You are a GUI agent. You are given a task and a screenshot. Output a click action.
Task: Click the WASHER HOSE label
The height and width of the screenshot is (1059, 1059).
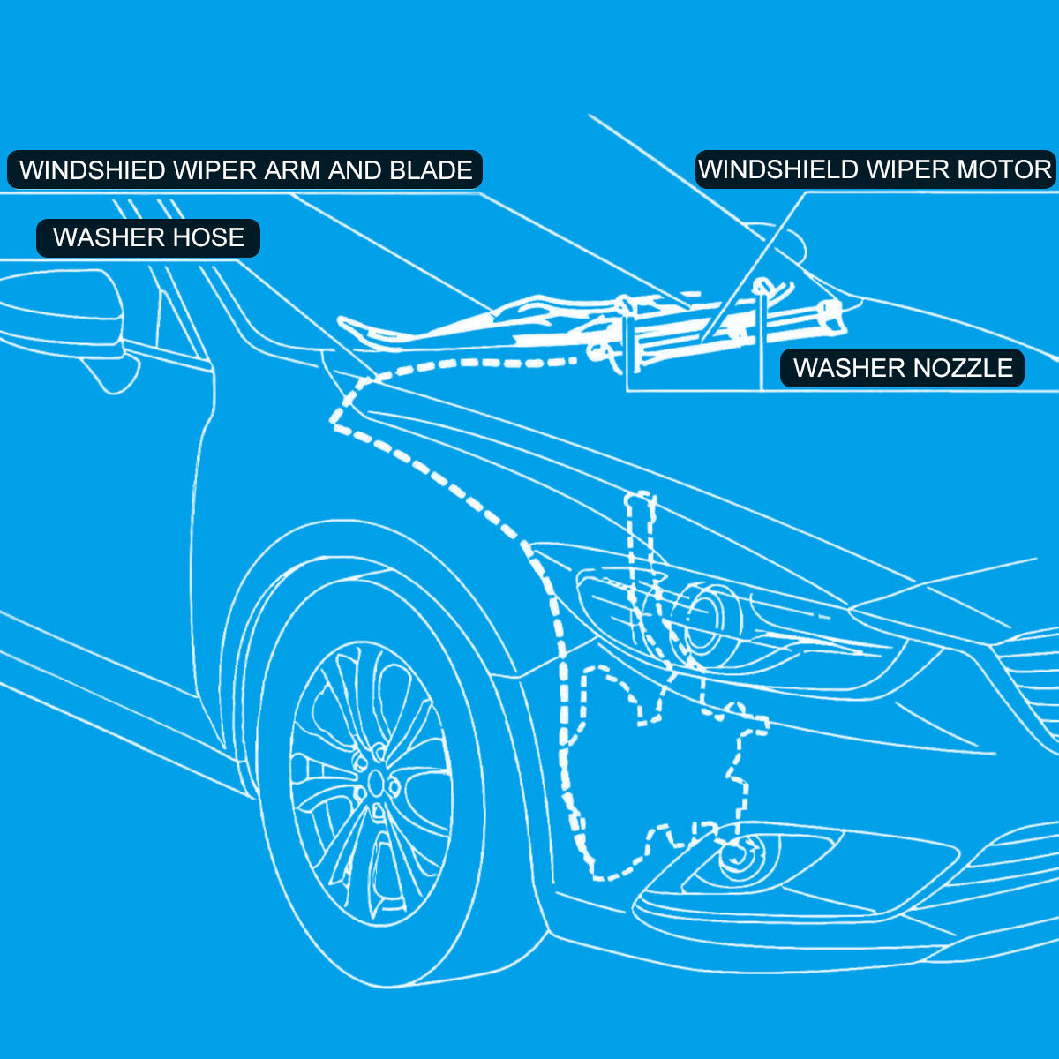148,238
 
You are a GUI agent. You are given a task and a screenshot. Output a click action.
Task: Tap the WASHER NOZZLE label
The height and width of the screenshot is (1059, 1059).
902,368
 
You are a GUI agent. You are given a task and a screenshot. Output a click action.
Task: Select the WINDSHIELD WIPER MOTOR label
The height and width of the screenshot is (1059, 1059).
875,169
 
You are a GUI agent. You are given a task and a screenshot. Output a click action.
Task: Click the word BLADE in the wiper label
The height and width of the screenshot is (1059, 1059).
431,170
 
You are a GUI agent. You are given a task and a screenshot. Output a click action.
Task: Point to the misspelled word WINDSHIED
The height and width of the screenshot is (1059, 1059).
93,170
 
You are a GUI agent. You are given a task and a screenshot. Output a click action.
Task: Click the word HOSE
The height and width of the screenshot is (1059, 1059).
209,238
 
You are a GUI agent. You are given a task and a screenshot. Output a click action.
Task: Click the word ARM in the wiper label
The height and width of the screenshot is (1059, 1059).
293,170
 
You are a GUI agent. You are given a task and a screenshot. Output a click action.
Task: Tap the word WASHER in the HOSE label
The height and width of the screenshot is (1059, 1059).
109,238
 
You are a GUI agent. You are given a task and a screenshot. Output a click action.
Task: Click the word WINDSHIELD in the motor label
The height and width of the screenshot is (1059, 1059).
779,169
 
